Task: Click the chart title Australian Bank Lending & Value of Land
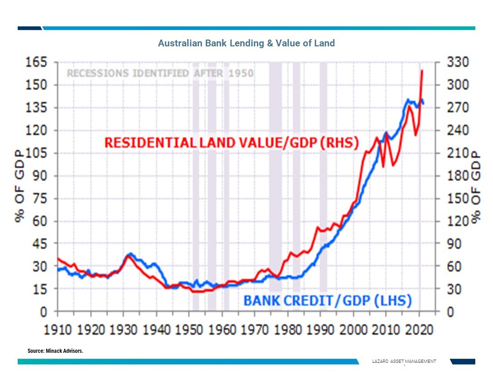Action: (x=246, y=44)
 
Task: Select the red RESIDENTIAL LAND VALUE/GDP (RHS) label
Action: (x=232, y=143)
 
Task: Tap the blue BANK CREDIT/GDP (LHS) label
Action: (x=327, y=301)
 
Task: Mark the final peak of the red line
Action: (x=422, y=70)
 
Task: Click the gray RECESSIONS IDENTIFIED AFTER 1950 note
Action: (x=160, y=73)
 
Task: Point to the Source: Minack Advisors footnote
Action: (x=55, y=351)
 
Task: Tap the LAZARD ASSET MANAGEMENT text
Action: (x=404, y=361)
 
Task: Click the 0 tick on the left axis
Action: (x=45, y=312)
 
